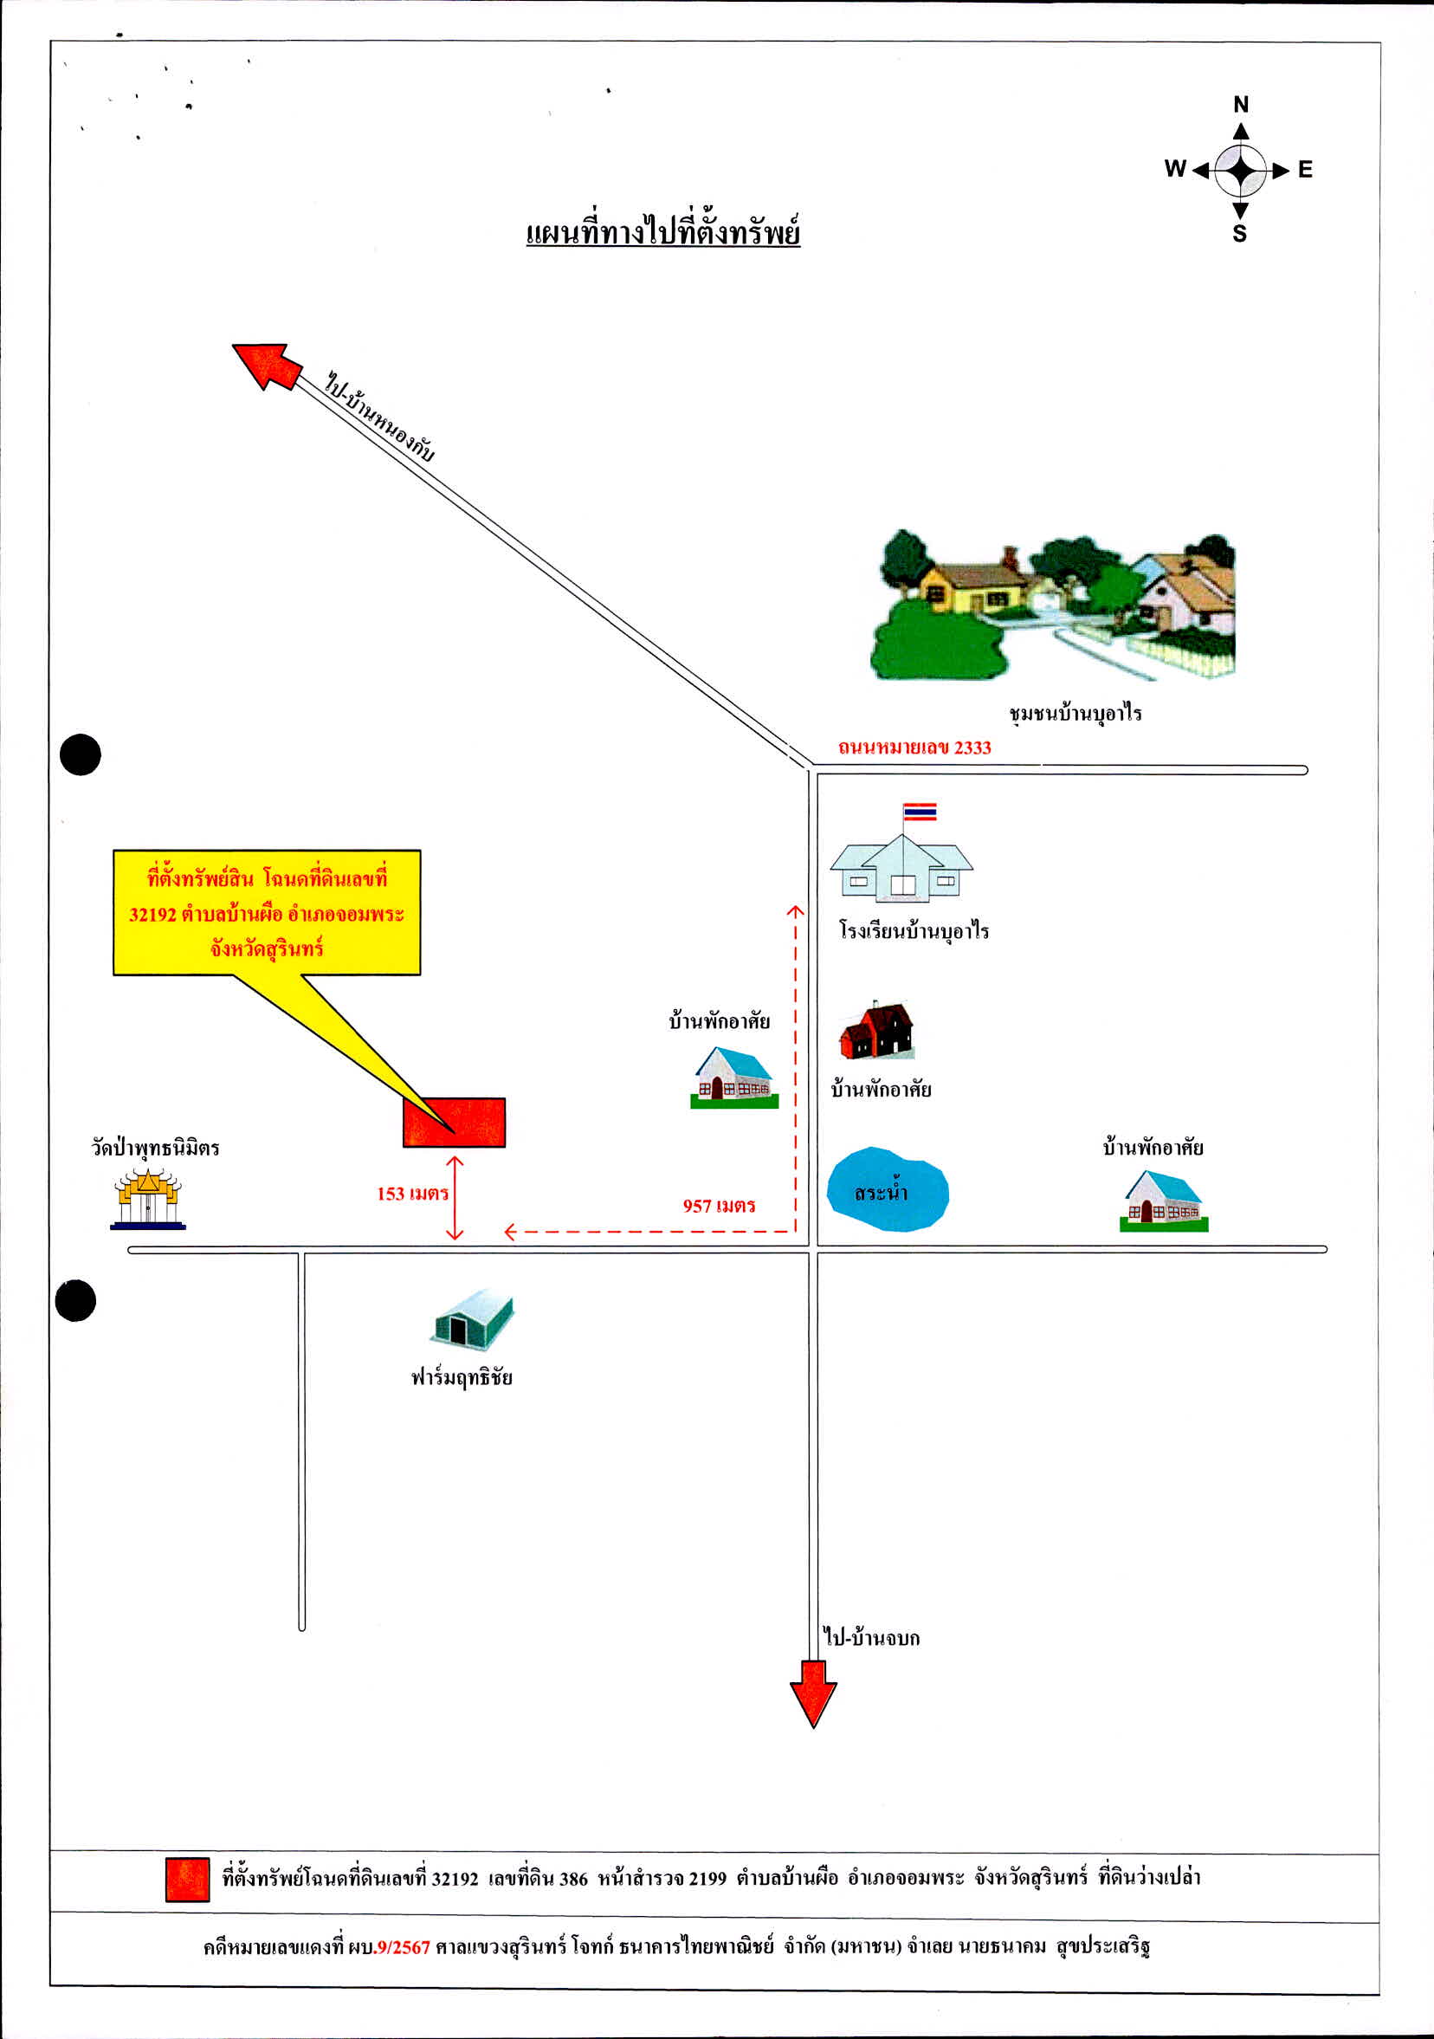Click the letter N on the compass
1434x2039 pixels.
(1240, 105)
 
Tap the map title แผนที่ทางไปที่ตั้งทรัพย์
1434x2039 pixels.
(663, 231)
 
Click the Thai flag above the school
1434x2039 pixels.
(919, 812)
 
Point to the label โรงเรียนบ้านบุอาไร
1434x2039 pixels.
(914, 930)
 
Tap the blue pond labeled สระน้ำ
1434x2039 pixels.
(887, 1189)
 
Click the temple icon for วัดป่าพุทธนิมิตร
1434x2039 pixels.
(148, 1199)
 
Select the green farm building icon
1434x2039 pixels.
(474, 1320)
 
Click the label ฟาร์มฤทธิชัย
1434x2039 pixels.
(462, 1377)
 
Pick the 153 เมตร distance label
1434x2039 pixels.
(413, 1194)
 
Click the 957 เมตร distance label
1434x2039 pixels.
(720, 1205)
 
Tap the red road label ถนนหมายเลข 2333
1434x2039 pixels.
(914, 747)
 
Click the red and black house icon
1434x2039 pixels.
(876, 1030)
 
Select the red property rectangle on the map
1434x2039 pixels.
(454, 1123)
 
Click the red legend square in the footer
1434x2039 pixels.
(187, 1879)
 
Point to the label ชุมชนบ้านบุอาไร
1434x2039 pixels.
(1075, 713)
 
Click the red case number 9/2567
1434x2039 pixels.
(404, 1947)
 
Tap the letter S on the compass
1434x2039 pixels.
(1239, 234)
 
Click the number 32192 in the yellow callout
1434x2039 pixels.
(152, 914)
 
